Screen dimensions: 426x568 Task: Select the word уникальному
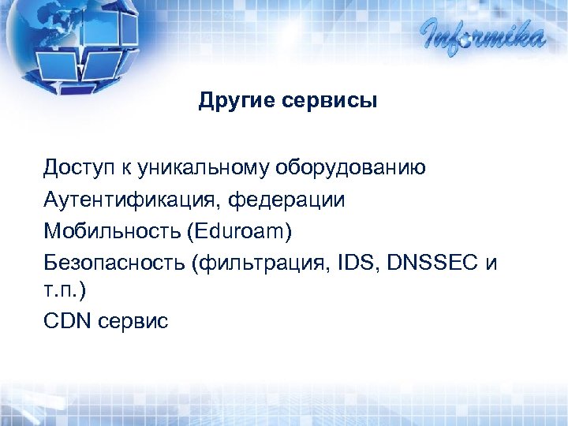coord(203,168)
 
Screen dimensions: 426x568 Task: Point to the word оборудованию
coord(351,168)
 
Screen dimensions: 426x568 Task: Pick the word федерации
coord(287,200)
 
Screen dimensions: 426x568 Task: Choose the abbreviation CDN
coord(69,322)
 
